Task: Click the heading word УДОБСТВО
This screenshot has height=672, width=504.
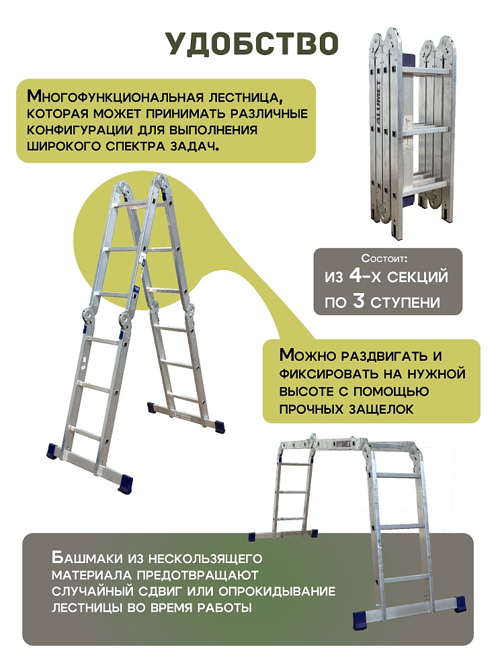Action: [251, 42]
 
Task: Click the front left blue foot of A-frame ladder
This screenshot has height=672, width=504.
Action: [53, 450]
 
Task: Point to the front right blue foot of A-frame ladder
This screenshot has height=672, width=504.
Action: [124, 482]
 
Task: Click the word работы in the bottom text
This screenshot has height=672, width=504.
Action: [222, 608]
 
